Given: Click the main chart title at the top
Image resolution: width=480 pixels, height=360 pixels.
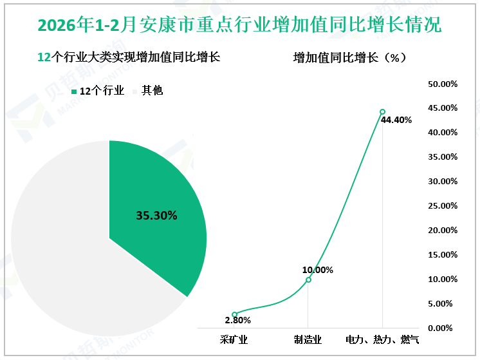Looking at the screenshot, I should pos(239,24).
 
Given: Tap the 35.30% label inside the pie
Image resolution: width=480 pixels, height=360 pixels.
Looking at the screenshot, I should pos(156,216).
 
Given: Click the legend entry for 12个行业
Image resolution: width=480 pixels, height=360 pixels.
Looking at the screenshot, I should pos(97,91).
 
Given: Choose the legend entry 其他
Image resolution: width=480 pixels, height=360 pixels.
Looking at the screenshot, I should pos(147,91).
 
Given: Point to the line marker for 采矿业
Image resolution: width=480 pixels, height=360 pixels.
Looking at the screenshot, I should pos(234,314).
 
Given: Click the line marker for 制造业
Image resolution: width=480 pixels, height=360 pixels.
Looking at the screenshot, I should pos(308,279).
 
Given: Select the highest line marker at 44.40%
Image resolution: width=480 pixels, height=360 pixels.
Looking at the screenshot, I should pos(382,111).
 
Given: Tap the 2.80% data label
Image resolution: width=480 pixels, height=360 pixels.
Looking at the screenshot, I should pos(238,320).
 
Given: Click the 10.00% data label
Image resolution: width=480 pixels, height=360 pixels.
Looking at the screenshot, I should pos(318,270).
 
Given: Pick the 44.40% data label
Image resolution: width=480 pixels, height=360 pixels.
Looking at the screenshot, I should pos(396,120).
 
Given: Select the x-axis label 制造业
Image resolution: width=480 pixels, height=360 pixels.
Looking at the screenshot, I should pos(308,339).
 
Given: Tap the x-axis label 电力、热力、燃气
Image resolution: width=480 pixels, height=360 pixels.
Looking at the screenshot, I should pos(382,339).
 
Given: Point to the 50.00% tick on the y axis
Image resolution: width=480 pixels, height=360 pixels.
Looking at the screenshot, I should pos(443,84).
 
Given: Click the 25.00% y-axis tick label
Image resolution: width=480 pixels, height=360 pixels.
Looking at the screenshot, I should pos(443,205).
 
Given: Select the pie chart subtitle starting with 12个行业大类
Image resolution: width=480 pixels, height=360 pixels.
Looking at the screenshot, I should pos(129,57).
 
